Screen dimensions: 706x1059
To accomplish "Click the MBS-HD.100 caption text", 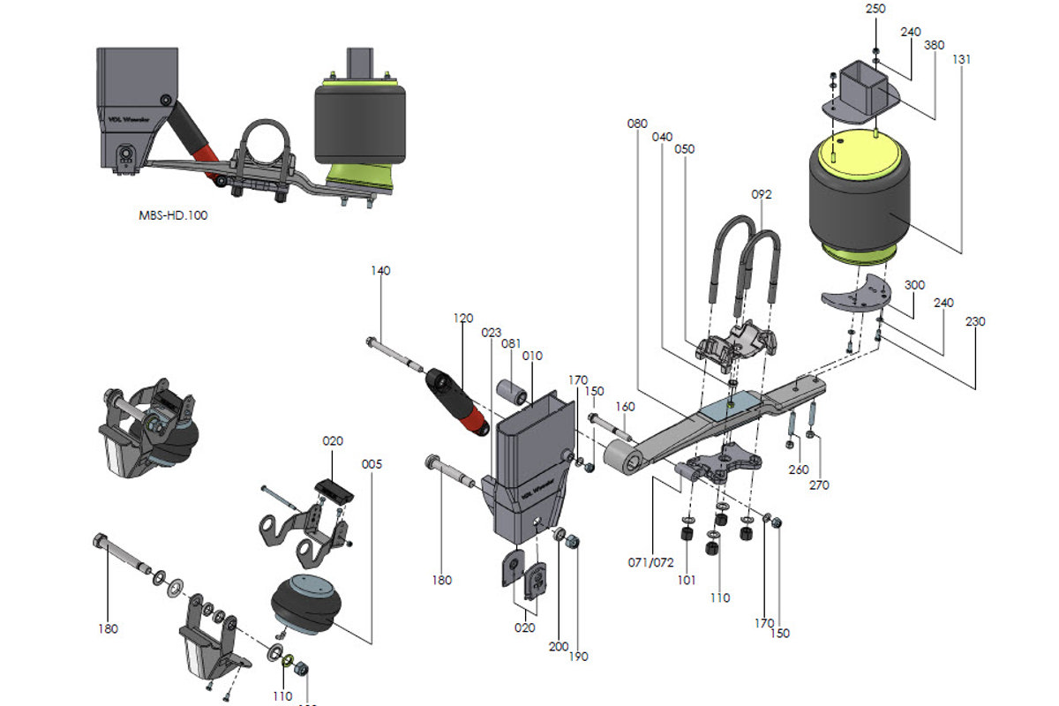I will click(x=173, y=214).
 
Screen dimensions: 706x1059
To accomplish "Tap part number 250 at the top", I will click(x=875, y=9).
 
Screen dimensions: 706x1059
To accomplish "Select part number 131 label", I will click(x=962, y=60).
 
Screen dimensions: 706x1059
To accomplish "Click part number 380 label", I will click(x=935, y=45).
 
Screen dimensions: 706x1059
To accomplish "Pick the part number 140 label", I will click(x=380, y=270).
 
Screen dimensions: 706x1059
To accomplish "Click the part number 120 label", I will click(x=464, y=318).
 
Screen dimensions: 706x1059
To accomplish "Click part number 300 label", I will click(x=914, y=286).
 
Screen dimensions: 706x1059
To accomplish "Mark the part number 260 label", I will click(x=799, y=469).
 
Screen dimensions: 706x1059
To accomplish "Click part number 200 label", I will click(x=558, y=646).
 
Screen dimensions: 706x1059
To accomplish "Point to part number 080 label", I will click(x=637, y=124).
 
